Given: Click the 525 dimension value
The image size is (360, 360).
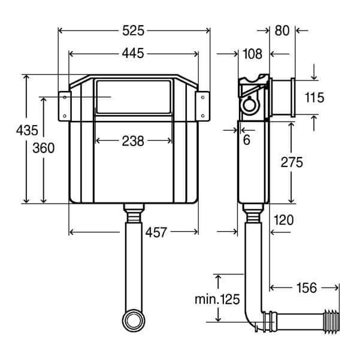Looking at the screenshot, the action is pos(133,31).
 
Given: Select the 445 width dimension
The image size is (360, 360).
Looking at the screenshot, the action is pos(133,54).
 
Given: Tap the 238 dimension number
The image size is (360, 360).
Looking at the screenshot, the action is pos(133,141).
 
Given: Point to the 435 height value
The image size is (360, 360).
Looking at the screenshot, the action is pos(27,131).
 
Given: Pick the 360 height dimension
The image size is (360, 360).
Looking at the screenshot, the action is pos(44,148).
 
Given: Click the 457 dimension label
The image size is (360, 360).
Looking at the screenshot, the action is pos(156,232).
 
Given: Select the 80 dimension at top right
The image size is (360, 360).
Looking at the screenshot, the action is pos(282,31).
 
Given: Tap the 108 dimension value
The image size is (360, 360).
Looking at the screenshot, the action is pos(252,54).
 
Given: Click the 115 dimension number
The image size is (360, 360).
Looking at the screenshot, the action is pos(314,97).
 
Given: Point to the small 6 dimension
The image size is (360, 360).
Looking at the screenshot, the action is pos(247,140).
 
